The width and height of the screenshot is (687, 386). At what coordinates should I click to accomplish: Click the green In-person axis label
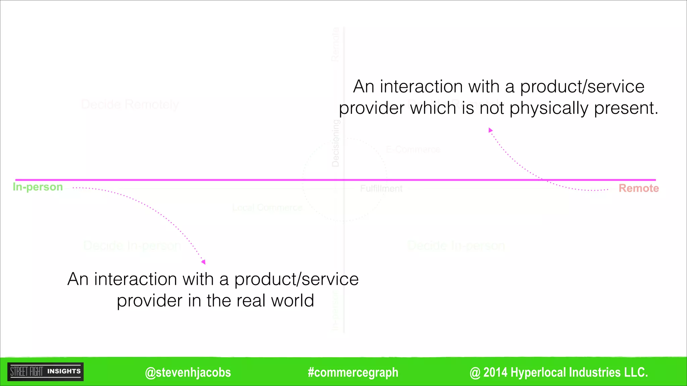(x=38, y=187)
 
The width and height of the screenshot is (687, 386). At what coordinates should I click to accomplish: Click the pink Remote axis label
(x=639, y=188)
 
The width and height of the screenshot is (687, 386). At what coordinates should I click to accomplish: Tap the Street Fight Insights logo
(x=45, y=372)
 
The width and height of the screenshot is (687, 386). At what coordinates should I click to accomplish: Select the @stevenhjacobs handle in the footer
(x=188, y=373)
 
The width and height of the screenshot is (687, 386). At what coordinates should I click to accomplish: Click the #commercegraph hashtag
(x=353, y=373)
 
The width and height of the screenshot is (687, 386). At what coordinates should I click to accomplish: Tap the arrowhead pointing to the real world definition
(x=203, y=262)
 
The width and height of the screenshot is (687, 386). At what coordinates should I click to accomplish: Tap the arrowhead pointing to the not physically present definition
(x=490, y=130)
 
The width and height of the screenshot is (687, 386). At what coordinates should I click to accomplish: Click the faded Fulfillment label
(x=381, y=189)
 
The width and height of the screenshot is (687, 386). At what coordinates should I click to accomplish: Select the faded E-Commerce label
(x=413, y=149)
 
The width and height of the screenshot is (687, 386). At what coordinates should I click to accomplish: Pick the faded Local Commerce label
(x=267, y=208)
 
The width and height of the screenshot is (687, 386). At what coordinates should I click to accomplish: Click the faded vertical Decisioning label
(x=335, y=143)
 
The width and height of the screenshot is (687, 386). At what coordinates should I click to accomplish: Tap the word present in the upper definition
(x=626, y=108)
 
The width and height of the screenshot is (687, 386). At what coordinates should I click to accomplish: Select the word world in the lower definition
(x=293, y=301)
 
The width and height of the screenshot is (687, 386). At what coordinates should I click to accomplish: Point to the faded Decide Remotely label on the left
(x=130, y=105)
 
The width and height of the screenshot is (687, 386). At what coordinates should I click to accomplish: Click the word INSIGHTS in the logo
(x=64, y=371)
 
